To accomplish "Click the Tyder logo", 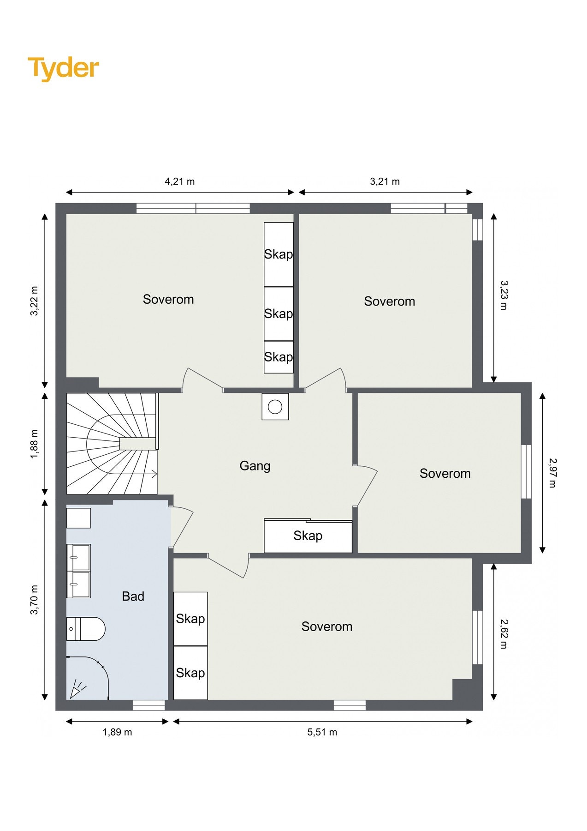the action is point(63,68).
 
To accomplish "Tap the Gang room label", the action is point(255,466).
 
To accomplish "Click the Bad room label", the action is point(133,596).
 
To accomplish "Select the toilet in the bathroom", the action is point(86,629).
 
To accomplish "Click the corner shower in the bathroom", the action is point(88,678).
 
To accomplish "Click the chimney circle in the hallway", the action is point(275,407).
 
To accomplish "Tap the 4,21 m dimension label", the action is point(180,181).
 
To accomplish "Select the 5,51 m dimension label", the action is point(322,732).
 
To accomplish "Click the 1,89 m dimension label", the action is point(117,732).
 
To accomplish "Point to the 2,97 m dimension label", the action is point(552,473).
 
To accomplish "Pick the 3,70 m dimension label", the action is point(34,600).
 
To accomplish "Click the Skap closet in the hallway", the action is point(308,536).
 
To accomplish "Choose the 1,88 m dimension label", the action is point(34,444).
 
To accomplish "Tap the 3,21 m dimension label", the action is point(385,181).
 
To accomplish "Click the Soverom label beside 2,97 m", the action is point(445,474).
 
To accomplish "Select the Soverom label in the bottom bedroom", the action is point(327,626).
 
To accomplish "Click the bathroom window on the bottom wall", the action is point(149,705).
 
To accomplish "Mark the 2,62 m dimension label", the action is point(504,634).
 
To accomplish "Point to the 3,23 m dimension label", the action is point(504,295).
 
